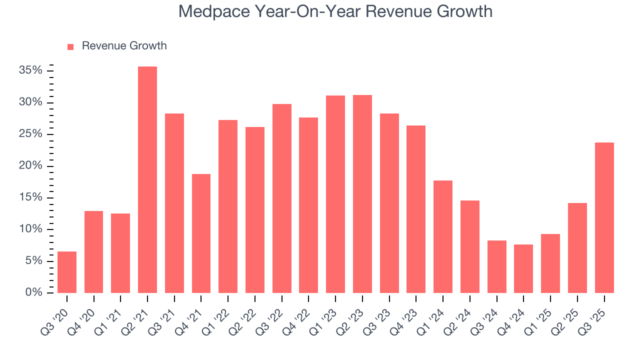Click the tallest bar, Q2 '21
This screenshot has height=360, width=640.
point(147,180)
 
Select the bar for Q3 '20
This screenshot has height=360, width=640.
point(67,272)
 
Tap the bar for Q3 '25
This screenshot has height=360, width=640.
point(604,218)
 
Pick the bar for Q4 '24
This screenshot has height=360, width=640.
point(523,269)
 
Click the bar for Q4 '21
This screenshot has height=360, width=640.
point(201,233)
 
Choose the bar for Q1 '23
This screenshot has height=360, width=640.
point(335,194)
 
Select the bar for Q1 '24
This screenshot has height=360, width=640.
point(443,237)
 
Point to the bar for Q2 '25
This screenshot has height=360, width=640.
point(577,248)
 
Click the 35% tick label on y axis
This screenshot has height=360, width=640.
point(30,70)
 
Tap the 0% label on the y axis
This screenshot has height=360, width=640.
point(33,292)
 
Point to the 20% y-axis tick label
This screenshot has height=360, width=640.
point(30,165)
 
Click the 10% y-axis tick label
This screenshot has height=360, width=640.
point(30,229)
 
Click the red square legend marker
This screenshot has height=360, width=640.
point(70,46)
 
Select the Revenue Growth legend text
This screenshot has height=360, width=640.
point(124,46)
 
